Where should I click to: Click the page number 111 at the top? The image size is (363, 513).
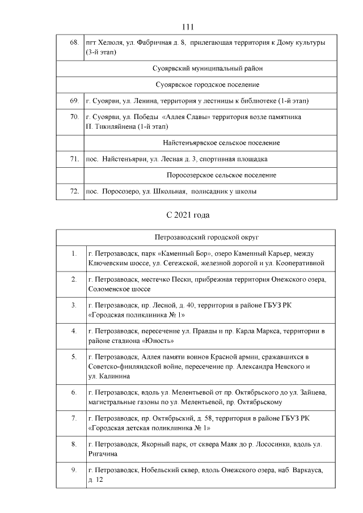(189, 27)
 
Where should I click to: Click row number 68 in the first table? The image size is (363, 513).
(74, 43)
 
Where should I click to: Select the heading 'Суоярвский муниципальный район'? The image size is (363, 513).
(208, 68)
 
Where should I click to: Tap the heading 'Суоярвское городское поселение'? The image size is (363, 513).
(207, 84)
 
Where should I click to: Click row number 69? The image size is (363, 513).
(74, 101)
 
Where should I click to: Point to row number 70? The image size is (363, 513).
(74, 117)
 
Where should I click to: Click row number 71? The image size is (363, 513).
(74, 159)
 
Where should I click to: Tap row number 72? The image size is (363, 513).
(74, 192)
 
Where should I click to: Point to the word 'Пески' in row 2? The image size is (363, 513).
(179, 279)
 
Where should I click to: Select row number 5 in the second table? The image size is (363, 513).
(74, 357)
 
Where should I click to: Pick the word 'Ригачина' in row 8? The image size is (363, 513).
(103, 454)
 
